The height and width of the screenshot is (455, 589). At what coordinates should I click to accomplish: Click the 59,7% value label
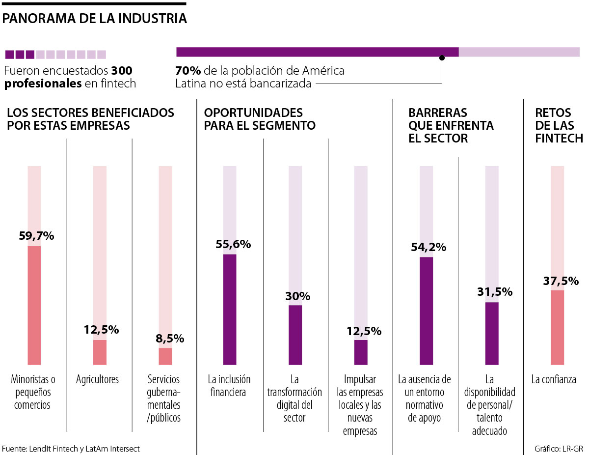click(36, 236)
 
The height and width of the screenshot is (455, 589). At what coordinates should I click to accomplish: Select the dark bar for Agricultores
click(100, 352)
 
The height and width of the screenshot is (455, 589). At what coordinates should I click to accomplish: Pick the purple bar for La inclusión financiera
click(230, 310)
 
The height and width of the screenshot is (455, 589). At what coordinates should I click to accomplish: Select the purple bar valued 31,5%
click(492, 334)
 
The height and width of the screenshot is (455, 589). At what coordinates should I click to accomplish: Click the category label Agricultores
click(97, 379)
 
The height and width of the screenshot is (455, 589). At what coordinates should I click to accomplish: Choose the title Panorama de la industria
click(95, 19)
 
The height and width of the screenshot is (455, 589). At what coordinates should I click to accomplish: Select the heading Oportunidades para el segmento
click(260, 119)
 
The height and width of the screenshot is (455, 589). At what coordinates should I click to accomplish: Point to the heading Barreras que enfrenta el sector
click(451, 125)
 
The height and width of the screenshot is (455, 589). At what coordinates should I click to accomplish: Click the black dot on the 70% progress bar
click(442, 57)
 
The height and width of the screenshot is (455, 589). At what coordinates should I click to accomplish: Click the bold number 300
click(122, 71)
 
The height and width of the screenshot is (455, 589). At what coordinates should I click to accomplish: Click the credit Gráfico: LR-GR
click(559, 448)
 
